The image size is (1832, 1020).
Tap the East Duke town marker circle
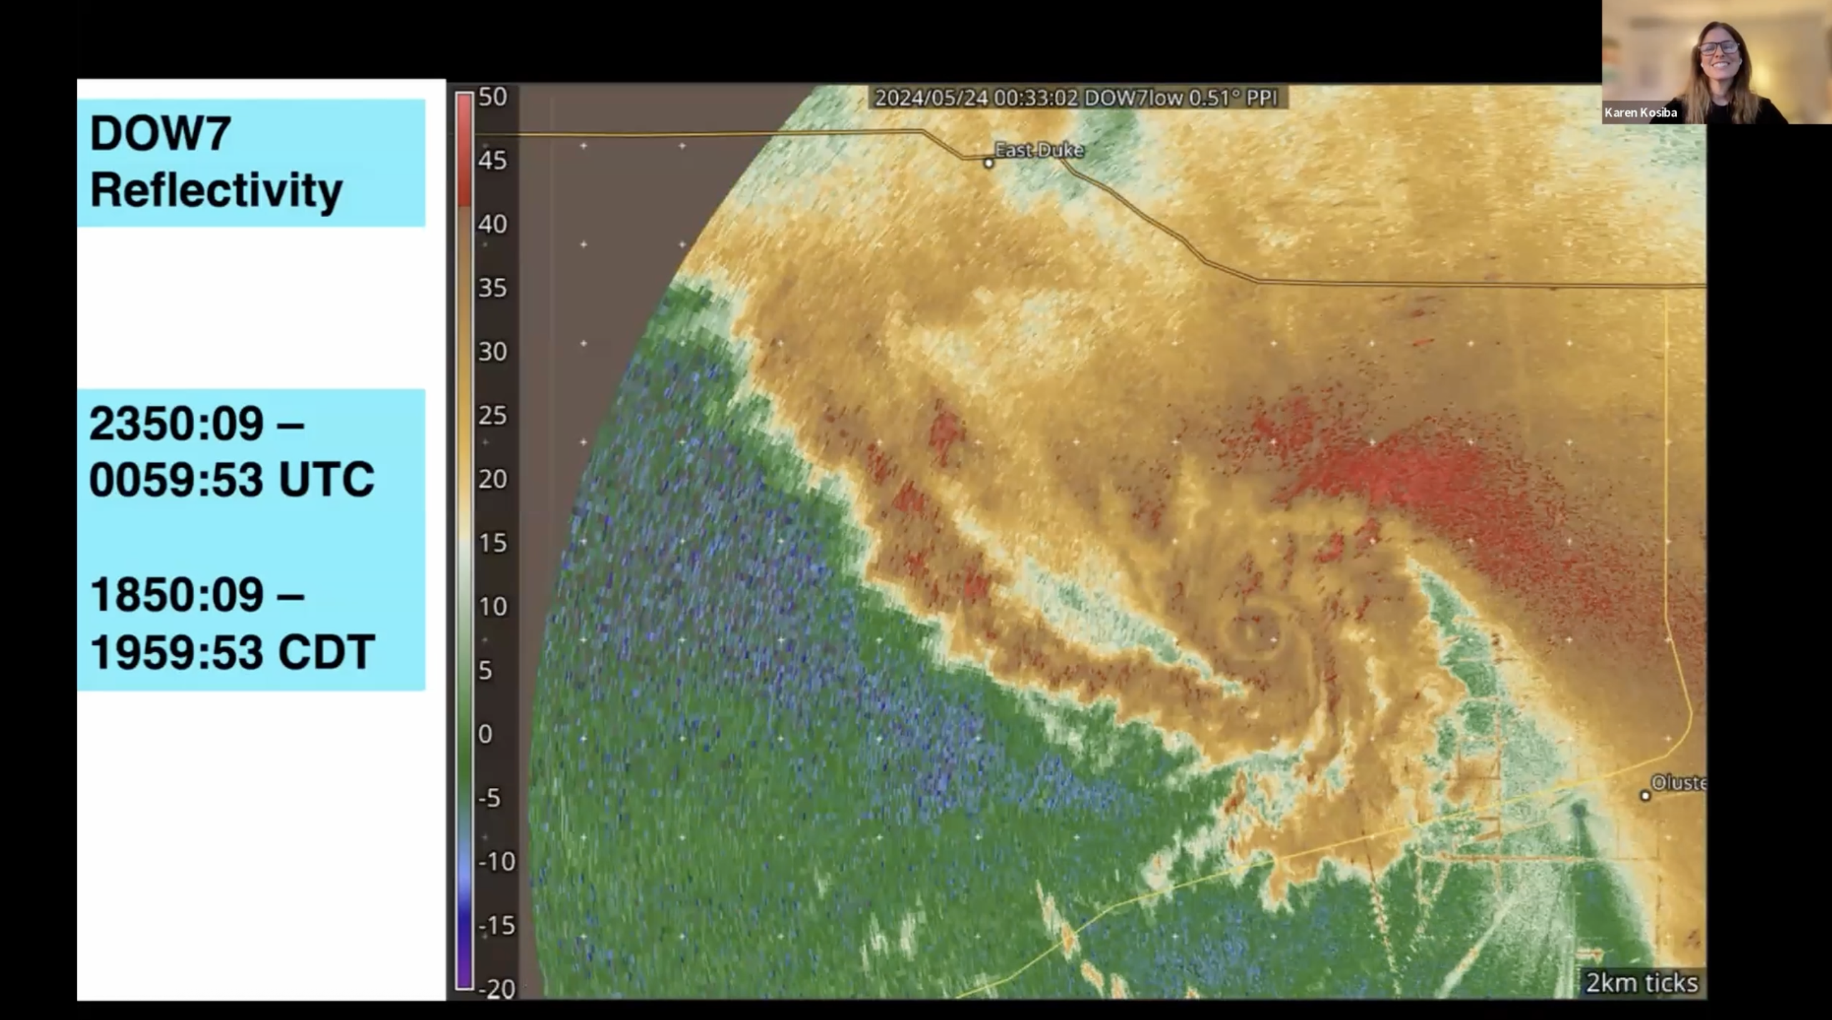(988, 164)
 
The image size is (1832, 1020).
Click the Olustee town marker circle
(1645, 795)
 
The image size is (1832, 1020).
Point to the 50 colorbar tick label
(492, 97)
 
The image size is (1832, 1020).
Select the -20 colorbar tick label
(496, 988)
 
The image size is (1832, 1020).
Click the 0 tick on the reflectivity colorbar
(485, 733)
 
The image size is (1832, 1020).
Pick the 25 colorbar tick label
(492, 415)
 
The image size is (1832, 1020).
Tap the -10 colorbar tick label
(496, 861)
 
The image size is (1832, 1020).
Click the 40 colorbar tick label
(492, 225)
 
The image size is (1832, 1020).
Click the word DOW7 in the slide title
(160, 133)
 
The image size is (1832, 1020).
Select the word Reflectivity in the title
(216, 190)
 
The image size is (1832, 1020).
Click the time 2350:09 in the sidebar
(176, 424)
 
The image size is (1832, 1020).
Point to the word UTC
(327, 480)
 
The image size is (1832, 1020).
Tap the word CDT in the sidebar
(327, 652)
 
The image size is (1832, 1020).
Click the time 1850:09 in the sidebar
(176, 595)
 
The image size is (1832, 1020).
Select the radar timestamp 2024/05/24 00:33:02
(976, 98)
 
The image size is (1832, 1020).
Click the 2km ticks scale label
(1642, 983)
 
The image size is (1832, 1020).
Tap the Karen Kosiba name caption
(1640, 112)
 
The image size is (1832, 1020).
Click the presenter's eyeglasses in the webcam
(1719, 48)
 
